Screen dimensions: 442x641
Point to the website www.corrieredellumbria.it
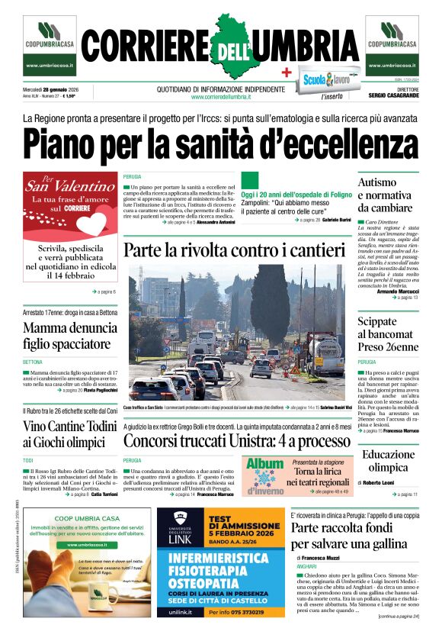pos(221,97)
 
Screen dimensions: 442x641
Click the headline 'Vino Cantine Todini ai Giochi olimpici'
pos(69,434)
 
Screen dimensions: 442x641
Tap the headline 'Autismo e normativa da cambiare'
pos(386,195)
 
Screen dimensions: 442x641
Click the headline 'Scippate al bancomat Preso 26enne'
pos(388,333)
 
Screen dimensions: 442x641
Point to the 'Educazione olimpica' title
pos(388,461)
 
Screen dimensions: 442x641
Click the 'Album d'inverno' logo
pos(264,475)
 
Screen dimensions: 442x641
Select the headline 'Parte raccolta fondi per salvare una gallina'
pos(354,536)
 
